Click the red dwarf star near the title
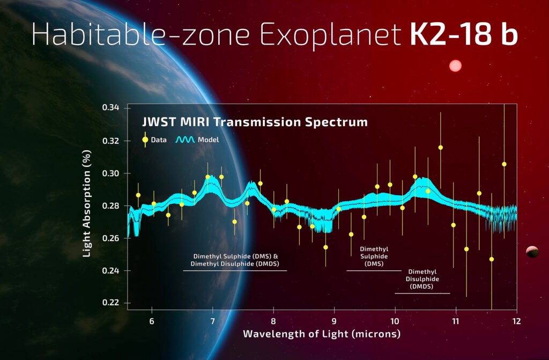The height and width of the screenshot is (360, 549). [455, 65]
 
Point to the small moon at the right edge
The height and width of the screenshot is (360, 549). [532, 251]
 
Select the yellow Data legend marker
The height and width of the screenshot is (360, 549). [145, 139]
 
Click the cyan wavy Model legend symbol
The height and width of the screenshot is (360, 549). [186, 139]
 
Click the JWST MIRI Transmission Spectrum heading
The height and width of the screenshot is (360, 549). [255, 122]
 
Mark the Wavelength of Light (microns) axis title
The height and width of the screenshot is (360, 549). [322, 334]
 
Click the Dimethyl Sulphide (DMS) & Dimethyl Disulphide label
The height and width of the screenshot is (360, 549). [235, 260]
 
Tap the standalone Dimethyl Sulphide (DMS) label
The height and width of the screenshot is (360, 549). [374, 256]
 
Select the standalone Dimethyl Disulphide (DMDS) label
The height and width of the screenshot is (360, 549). [422, 279]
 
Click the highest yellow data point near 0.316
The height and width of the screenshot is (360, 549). [440, 147]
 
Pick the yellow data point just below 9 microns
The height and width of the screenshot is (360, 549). [325, 247]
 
